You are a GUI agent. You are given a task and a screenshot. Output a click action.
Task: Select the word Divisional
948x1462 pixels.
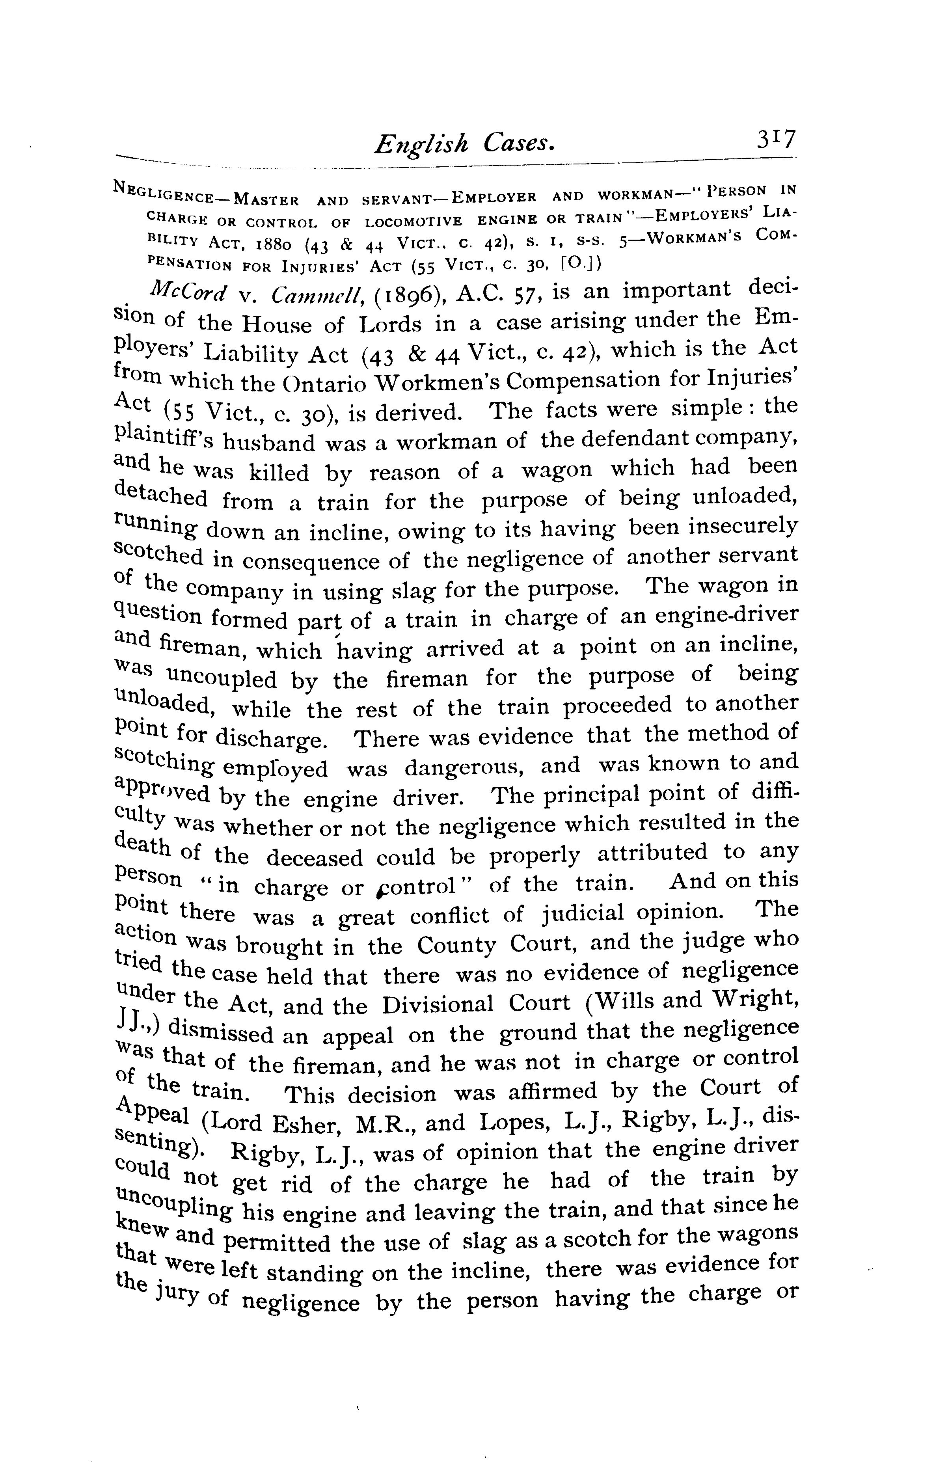click(x=438, y=1006)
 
